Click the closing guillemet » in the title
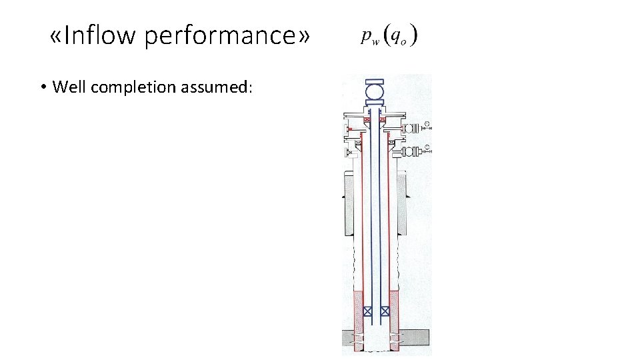(x=304, y=36)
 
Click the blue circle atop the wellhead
(x=375, y=91)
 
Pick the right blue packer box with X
(x=385, y=311)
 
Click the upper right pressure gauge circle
(x=427, y=123)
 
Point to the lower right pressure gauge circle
(x=427, y=148)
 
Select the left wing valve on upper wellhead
(x=347, y=127)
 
